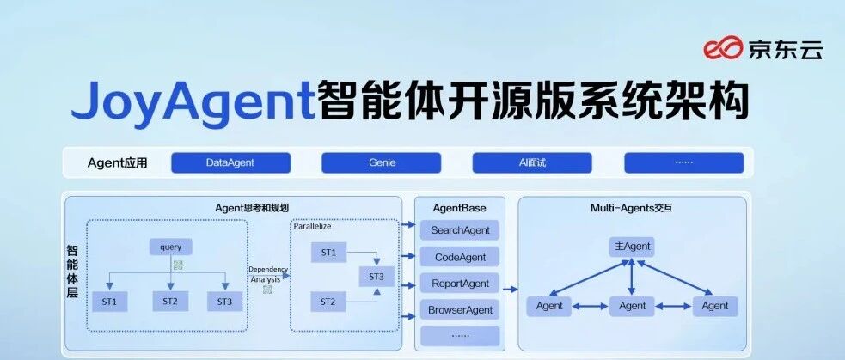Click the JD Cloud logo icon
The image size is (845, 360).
pyautogui.click(x=723, y=50)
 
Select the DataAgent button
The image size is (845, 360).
pyautogui.click(x=230, y=162)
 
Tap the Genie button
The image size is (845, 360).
pyautogui.click(x=382, y=162)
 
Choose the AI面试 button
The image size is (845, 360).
pyautogui.click(x=532, y=162)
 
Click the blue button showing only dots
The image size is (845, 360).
pyautogui.click(x=683, y=162)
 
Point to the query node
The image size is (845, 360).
pyautogui.click(x=170, y=247)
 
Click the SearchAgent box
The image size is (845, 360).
pyautogui.click(x=460, y=230)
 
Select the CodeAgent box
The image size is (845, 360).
pyautogui.click(x=460, y=257)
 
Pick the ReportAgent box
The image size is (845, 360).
pyautogui.click(x=460, y=284)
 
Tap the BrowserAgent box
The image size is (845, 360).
pyautogui.click(x=460, y=310)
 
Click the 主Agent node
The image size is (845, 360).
pyautogui.click(x=632, y=247)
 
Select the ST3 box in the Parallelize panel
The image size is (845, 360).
pyautogui.click(x=377, y=277)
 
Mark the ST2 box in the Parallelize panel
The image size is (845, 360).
pyautogui.click(x=328, y=302)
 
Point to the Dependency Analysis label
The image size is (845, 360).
pyautogui.click(x=267, y=273)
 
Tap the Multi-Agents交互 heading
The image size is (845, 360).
pyautogui.click(x=632, y=208)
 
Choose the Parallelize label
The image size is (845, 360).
pyautogui.click(x=313, y=226)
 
